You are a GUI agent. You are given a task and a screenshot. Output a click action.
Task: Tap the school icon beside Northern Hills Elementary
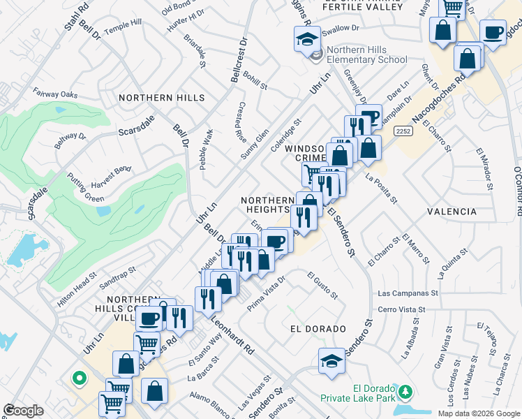[x=307, y=39]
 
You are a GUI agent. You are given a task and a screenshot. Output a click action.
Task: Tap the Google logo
[x=23, y=410]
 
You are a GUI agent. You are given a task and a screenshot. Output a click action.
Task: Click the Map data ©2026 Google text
[x=478, y=413]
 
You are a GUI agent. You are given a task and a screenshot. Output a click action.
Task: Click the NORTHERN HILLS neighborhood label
[x=161, y=98]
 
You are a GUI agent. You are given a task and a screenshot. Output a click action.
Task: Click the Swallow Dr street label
[x=340, y=29]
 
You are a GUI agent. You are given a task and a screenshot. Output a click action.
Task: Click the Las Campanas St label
[x=408, y=294]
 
